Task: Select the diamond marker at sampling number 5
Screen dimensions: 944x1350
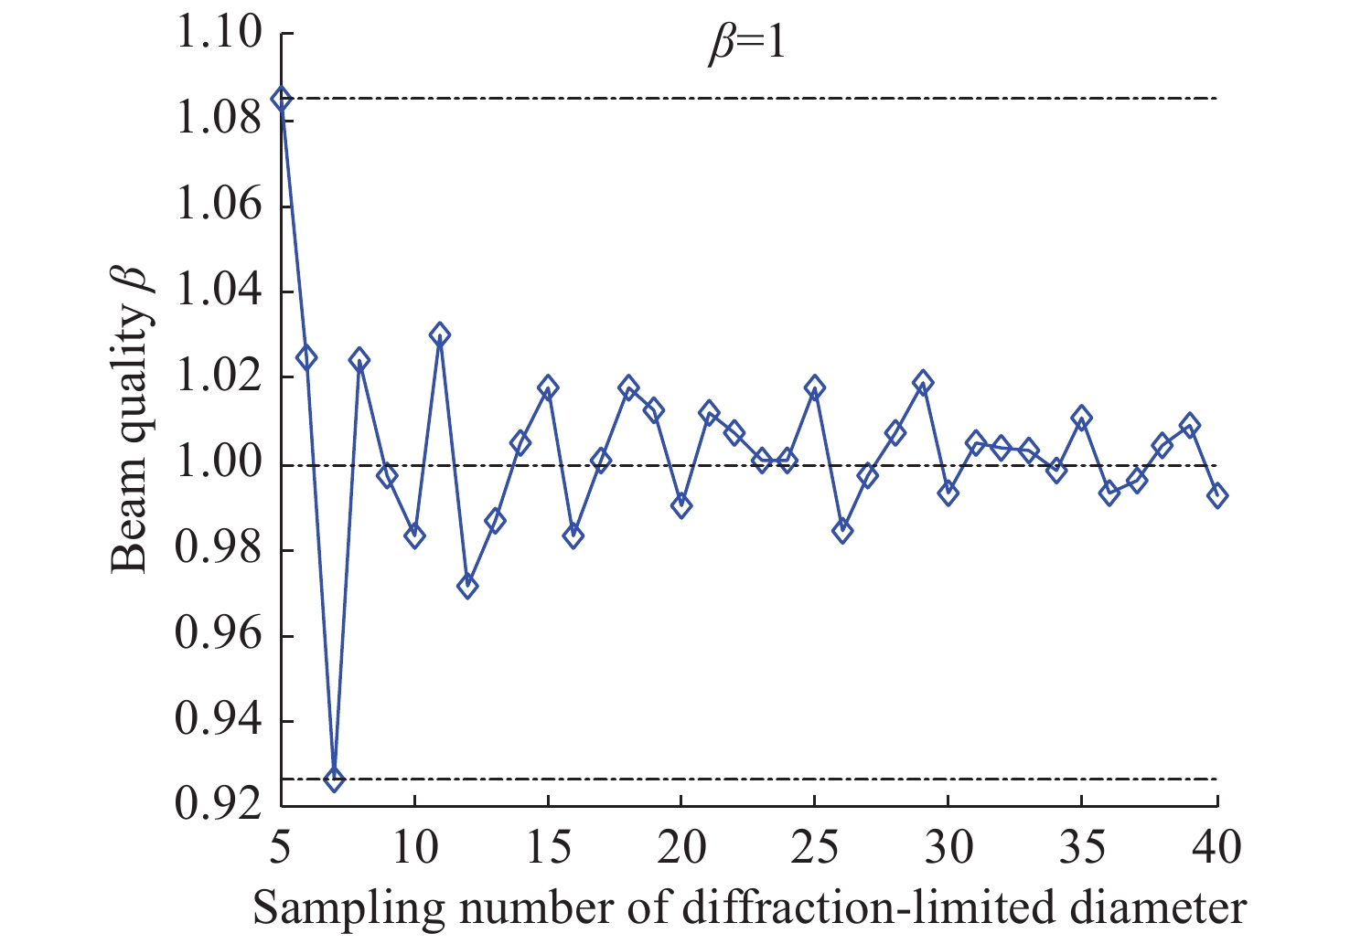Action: pos(281,99)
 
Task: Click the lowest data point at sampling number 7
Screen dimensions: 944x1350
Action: pos(334,780)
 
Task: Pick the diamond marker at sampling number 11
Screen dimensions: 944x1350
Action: pos(440,334)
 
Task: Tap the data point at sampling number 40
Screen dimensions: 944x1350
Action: pos(1216,495)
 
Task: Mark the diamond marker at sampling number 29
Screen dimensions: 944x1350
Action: pos(923,382)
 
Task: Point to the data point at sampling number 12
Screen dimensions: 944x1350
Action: pos(467,587)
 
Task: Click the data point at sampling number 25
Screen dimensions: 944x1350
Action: pos(815,387)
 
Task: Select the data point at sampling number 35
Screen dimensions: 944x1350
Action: pos(1082,419)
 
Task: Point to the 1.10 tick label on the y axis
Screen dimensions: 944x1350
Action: pos(218,34)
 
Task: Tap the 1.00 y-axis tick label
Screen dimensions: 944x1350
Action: pos(218,465)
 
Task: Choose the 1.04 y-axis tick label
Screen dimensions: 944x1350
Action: pos(218,292)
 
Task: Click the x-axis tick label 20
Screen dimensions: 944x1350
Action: pos(680,848)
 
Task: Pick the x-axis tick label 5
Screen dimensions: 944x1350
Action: pos(281,848)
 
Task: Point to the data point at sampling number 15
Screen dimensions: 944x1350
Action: pos(548,387)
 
